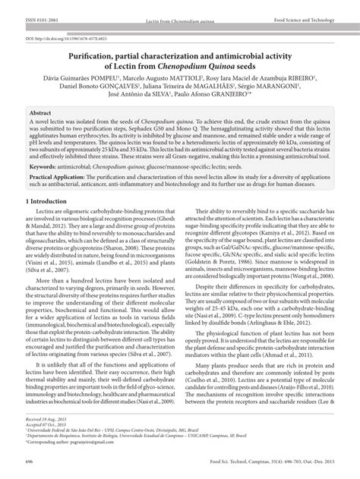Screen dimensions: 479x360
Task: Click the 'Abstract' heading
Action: pos(40,111)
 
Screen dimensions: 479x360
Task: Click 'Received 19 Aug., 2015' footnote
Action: pos(46,440)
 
